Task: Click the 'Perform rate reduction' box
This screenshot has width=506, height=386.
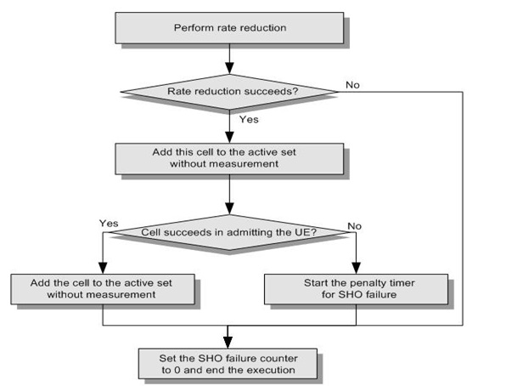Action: coord(229,28)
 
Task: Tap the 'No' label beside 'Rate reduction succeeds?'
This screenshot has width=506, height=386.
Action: coord(351,85)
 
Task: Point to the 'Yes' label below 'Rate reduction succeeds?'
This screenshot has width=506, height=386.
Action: coord(248,121)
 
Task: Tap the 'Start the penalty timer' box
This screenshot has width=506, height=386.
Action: coord(354,288)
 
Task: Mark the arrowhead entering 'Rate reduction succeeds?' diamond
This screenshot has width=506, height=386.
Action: coord(229,71)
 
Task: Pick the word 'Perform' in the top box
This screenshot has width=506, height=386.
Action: coord(191,28)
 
